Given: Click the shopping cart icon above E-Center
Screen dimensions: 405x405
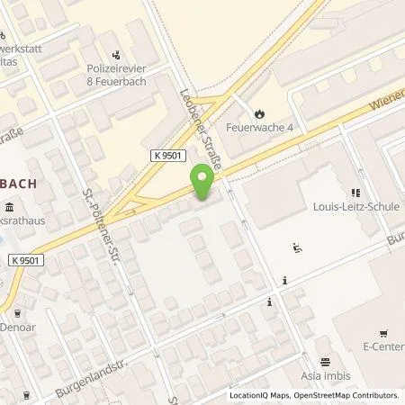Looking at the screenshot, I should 382,331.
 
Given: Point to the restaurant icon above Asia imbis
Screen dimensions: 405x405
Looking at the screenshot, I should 325,360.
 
